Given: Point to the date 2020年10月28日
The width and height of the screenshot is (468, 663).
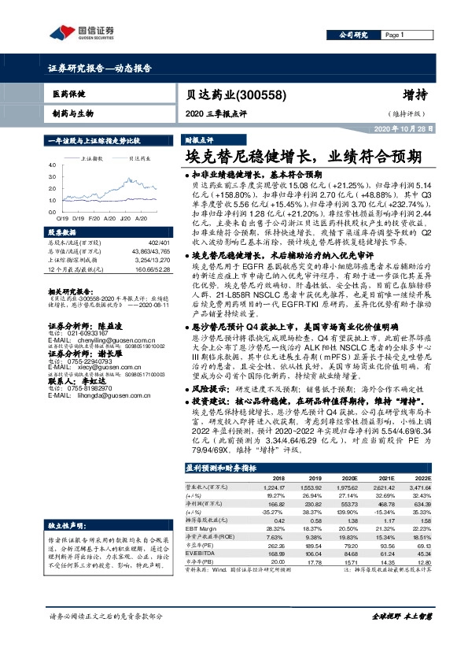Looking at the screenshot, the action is (404, 128).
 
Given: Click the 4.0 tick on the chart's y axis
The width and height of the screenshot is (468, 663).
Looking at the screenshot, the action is (51, 165).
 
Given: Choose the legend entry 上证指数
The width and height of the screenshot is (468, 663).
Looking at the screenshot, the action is (95, 157).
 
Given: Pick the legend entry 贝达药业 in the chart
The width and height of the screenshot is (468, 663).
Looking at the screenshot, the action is (140, 157).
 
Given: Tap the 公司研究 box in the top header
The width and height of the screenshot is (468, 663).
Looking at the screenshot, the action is (351, 35).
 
